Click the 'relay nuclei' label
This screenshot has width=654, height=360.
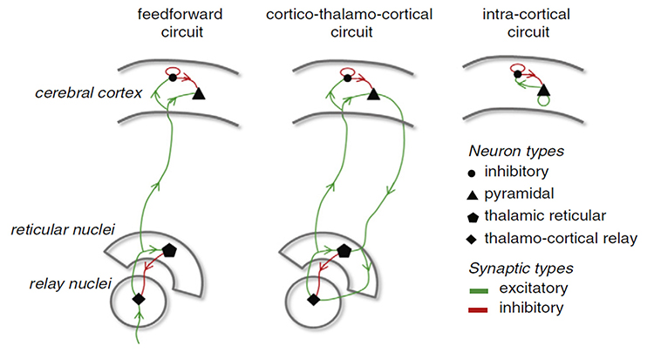[x=57, y=284]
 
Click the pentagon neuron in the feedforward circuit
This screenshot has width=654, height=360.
[x=170, y=250]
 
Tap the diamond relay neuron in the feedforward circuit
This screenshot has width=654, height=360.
[x=137, y=299]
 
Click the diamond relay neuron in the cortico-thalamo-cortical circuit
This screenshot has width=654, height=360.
[x=313, y=299]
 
